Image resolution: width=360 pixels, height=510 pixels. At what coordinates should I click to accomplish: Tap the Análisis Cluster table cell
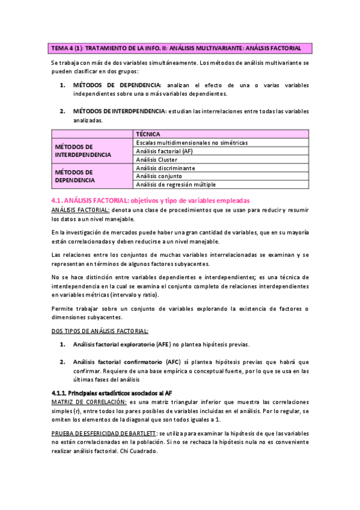156,159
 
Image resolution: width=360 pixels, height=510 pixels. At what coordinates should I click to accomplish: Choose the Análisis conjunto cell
159,176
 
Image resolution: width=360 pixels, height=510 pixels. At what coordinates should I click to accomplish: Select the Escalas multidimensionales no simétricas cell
192,143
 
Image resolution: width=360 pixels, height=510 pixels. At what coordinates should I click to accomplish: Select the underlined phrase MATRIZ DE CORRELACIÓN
88,401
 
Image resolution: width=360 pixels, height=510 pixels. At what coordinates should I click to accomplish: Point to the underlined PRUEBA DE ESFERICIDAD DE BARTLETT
105,433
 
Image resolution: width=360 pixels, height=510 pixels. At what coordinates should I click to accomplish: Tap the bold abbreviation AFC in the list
172,362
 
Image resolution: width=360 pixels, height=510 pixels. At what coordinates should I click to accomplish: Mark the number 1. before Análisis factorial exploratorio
63,345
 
